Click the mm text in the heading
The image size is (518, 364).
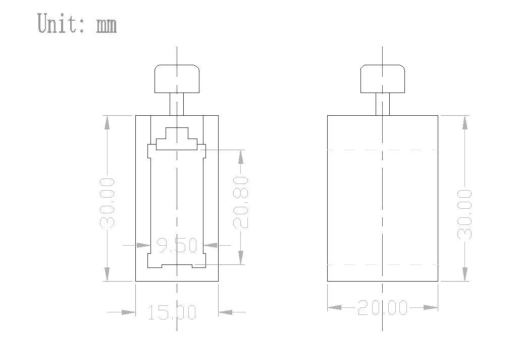[107, 25]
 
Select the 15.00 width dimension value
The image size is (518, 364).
[172, 312]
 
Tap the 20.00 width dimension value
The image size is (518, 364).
[383, 307]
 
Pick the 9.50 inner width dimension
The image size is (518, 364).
[177, 245]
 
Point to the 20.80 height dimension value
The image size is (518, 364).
[241, 203]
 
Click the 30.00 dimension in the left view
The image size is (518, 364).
[107, 203]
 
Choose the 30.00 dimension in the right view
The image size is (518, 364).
[465, 214]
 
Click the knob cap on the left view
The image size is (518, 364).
[177, 79]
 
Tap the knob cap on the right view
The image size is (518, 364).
[383, 79]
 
